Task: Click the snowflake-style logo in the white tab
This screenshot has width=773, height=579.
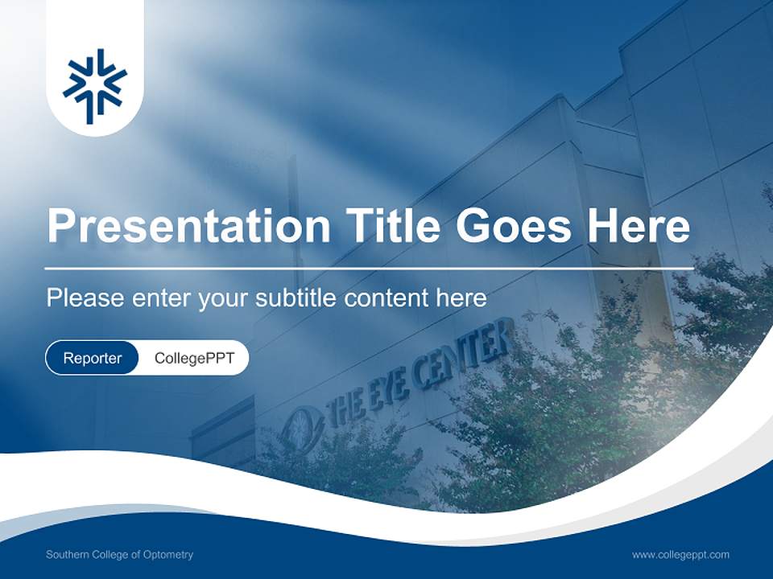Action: click(x=95, y=86)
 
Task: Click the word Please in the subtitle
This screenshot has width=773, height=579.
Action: click(x=84, y=298)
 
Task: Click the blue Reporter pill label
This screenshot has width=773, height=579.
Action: click(x=93, y=358)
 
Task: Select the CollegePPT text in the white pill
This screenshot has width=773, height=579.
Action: click(x=194, y=358)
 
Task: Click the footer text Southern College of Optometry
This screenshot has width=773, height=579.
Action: click(x=119, y=555)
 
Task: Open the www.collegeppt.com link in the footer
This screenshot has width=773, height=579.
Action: click(x=680, y=555)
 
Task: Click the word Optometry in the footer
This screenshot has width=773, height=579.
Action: click(x=170, y=555)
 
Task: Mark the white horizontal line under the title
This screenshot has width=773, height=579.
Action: click(x=370, y=267)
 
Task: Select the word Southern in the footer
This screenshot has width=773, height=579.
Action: click(x=65, y=555)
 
